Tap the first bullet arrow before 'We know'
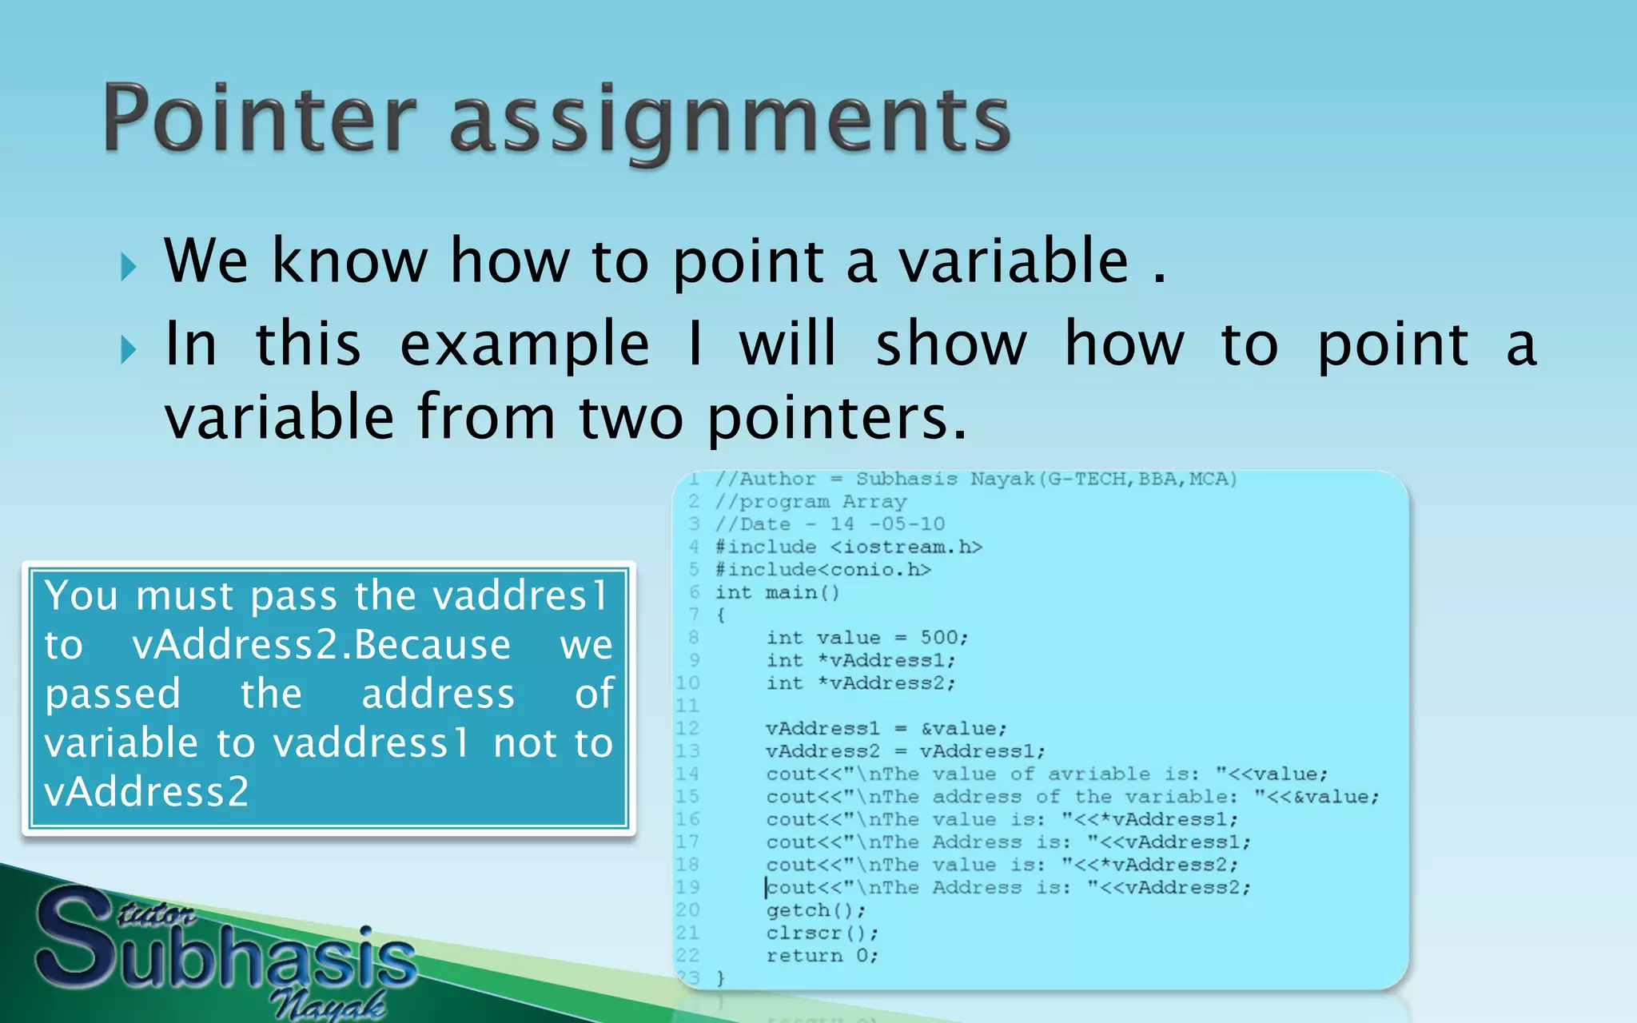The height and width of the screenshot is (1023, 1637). (129, 267)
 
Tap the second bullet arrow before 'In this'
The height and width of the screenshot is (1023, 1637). (129, 349)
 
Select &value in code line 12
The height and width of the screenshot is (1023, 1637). (963, 729)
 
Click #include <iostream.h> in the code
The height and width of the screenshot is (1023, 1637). (848, 547)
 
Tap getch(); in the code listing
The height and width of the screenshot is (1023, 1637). (815, 910)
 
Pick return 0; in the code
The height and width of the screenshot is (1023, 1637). (822, 956)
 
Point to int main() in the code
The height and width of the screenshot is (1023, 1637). (777, 593)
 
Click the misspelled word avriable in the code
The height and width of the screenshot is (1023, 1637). (1099, 774)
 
